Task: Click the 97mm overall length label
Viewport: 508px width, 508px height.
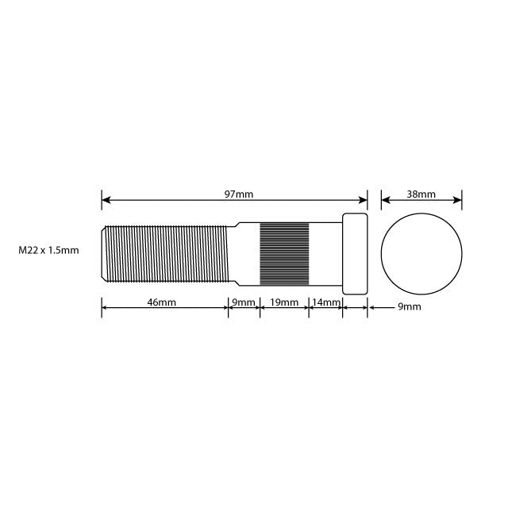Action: pyautogui.click(x=239, y=194)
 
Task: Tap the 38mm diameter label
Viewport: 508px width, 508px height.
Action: pyautogui.click(x=421, y=194)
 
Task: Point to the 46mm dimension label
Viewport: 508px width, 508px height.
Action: pyautogui.click(x=161, y=302)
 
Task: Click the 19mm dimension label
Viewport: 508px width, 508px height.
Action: pyautogui.click(x=284, y=302)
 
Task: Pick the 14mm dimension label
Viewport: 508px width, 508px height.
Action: pyautogui.click(x=325, y=302)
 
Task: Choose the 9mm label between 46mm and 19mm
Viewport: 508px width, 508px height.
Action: pyautogui.click(x=244, y=302)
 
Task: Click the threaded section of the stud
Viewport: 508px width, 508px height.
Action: pyautogui.click(x=167, y=252)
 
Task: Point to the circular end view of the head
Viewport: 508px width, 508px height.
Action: pyautogui.click(x=421, y=252)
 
